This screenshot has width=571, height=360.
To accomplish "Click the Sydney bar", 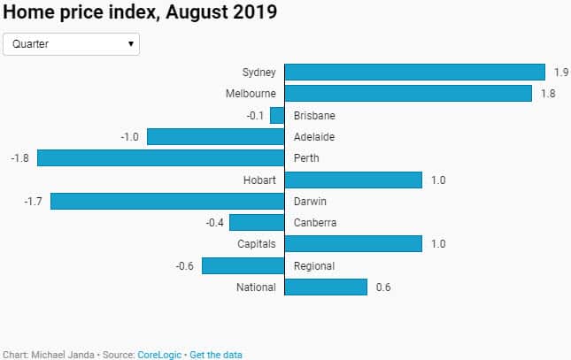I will [x=414, y=73].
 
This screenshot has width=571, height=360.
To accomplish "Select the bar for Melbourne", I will [x=408, y=94].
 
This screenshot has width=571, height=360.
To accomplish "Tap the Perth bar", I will [x=160, y=158].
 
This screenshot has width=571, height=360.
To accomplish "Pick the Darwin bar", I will [x=167, y=201].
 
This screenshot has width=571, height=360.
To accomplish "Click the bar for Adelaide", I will [x=215, y=137].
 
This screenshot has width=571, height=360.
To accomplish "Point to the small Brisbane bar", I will [x=277, y=115].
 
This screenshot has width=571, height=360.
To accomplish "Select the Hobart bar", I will [x=353, y=180].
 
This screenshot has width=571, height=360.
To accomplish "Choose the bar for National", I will [x=326, y=287].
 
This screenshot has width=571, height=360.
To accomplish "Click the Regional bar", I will [x=243, y=265].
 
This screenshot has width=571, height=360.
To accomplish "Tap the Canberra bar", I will [x=257, y=223].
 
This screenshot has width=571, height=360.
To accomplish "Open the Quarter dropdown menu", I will [x=72, y=43].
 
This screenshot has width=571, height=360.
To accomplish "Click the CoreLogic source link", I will [x=160, y=354].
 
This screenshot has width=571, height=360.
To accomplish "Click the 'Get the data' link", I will [x=216, y=354].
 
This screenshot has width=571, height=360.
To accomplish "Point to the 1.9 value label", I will [x=560, y=73].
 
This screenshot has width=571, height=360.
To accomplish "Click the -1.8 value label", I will [x=20, y=158].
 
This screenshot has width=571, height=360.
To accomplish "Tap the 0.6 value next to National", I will [x=382, y=287].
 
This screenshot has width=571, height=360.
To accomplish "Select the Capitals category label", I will [x=257, y=244].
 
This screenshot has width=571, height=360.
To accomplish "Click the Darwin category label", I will [x=311, y=201].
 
